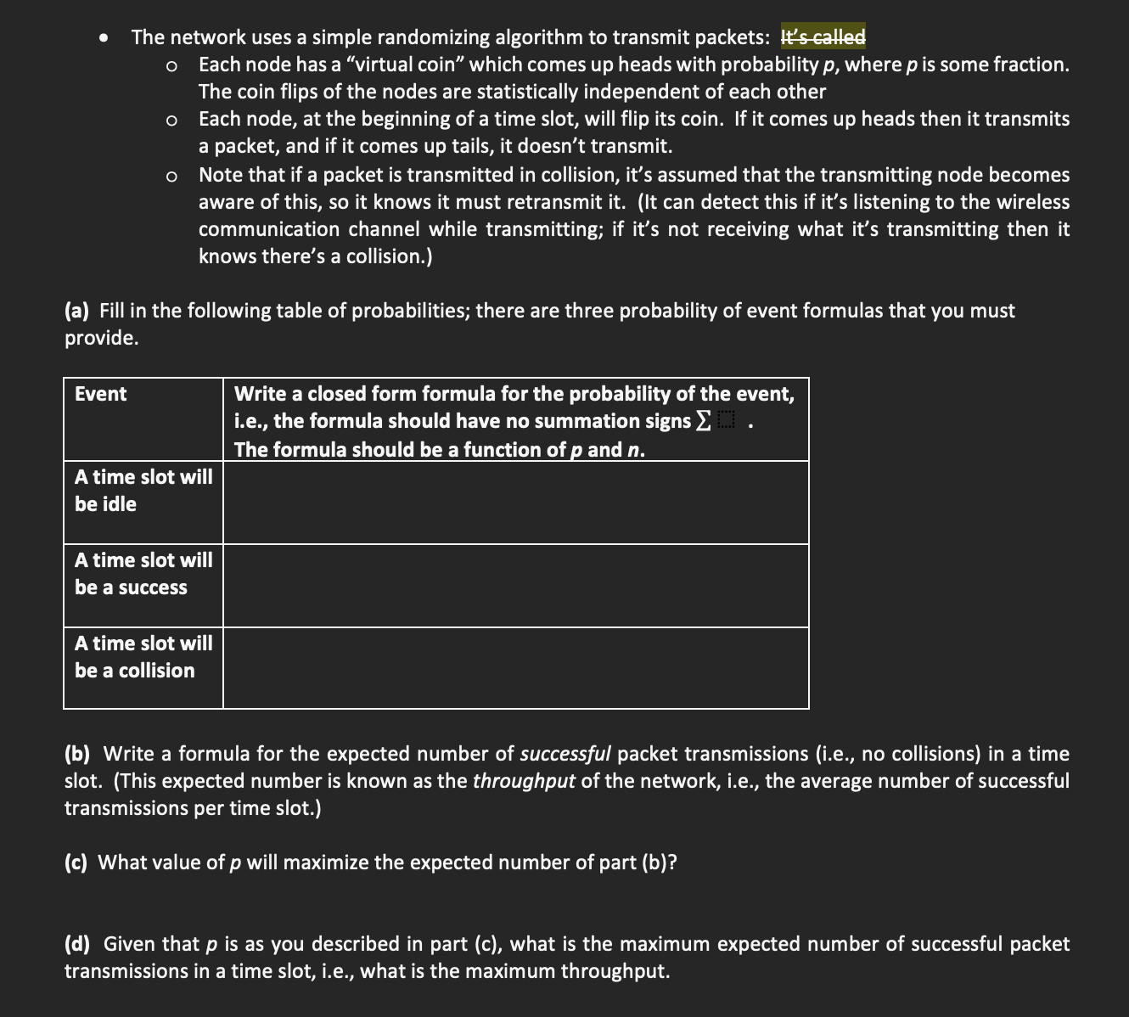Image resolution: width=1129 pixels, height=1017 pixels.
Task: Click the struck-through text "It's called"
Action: click(x=823, y=37)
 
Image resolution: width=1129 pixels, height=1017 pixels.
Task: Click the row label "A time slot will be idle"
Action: click(x=143, y=491)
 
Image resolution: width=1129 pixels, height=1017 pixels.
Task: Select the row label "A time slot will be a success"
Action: click(x=143, y=574)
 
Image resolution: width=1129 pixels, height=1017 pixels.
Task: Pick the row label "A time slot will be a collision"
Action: click(x=143, y=657)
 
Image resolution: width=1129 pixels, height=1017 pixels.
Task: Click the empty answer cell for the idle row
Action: click(x=515, y=503)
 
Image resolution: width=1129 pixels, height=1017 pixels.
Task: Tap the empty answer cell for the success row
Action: click(x=515, y=586)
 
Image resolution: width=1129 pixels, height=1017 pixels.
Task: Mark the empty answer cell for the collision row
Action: click(x=515, y=668)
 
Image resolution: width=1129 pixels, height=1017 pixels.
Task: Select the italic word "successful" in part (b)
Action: click(x=564, y=754)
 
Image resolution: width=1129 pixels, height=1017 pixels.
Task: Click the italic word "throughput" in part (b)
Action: click(x=524, y=781)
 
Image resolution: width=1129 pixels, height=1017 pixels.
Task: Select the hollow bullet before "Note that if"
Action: click(x=172, y=177)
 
